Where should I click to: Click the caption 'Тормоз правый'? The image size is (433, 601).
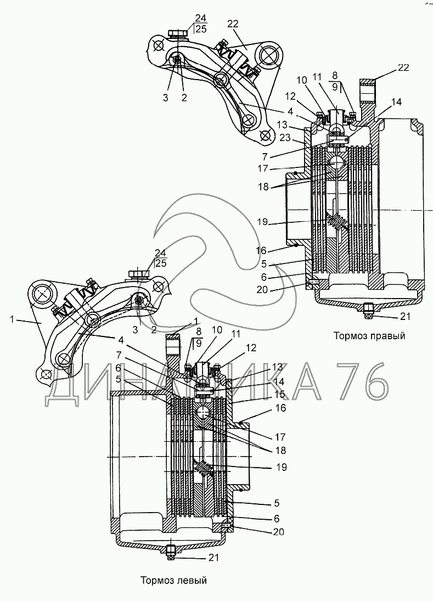click(x=369, y=336)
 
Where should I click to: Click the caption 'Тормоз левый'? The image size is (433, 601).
click(x=173, y=580)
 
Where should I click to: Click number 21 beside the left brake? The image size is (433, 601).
click(x=213, y=557)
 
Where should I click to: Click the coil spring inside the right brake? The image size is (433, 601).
click(x=337, y=222)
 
